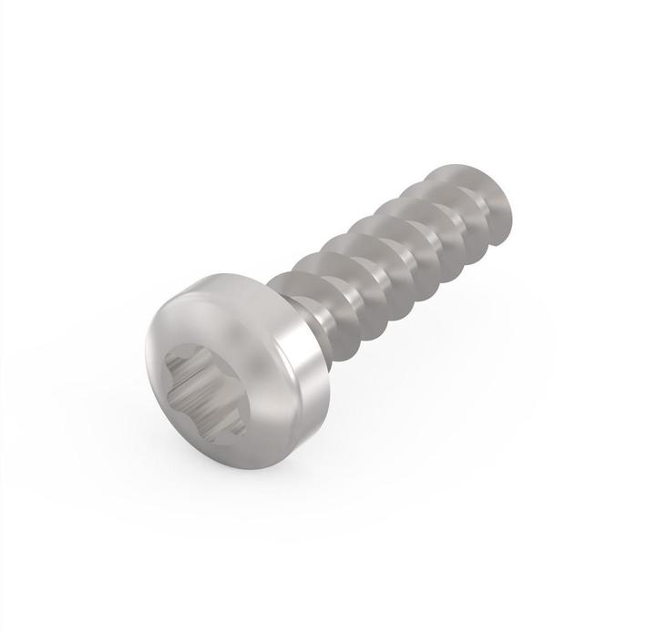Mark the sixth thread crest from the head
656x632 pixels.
pyautogui.click(x=460, y=182)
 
